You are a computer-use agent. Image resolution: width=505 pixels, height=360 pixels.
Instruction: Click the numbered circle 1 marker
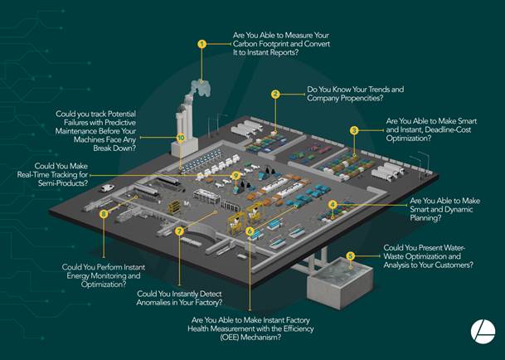(202, 44)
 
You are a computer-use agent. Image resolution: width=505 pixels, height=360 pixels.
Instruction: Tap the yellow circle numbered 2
(275, 95)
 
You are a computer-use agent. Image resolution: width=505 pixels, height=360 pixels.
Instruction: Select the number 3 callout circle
(354, 130)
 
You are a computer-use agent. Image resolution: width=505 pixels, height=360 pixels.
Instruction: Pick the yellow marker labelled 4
(333, 204)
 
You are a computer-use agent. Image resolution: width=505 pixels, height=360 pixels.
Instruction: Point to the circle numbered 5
(351, 256)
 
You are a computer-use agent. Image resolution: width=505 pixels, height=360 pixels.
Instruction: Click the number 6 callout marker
(250, 231)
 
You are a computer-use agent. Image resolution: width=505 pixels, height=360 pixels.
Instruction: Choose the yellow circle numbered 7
(179, 231)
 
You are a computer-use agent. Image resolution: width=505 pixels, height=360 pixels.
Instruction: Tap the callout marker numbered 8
(104, 214)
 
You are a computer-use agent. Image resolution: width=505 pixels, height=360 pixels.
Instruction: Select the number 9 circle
(236, 176)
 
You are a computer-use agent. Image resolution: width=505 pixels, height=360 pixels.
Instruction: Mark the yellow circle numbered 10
(181, 138)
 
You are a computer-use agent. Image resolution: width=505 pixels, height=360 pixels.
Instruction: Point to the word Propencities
(362, 98)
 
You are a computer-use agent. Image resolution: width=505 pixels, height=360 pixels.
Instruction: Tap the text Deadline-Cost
(448, 130)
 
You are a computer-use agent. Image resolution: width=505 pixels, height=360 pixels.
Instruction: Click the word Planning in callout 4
(425, 218)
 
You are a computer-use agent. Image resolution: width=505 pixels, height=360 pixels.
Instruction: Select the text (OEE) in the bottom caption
(230, 338)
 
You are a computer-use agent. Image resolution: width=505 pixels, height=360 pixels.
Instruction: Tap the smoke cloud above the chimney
(201, 88)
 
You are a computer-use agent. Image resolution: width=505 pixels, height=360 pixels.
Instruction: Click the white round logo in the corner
(483, 332)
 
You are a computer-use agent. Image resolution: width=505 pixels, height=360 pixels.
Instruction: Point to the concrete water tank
(340, 283)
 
